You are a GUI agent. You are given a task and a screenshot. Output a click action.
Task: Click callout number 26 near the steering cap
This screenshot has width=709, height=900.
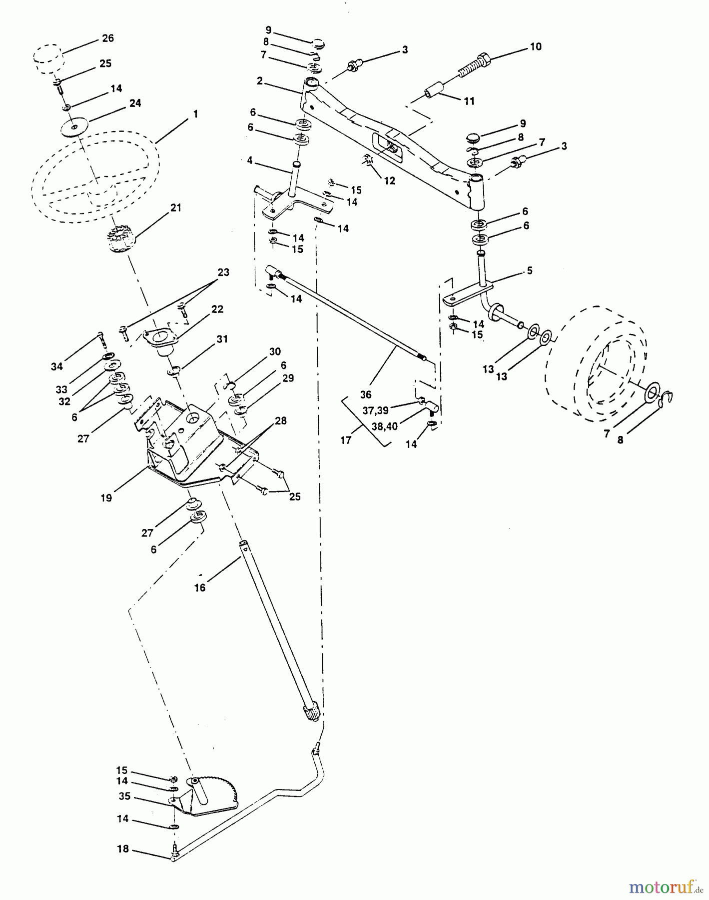107,38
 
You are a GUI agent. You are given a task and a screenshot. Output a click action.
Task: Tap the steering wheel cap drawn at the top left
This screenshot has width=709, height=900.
47,57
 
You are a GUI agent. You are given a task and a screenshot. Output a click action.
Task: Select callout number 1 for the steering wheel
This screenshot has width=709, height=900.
195,114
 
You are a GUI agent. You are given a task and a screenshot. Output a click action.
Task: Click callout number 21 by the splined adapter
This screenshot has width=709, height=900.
175,207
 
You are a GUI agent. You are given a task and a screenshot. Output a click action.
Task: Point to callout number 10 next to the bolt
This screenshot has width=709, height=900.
536,46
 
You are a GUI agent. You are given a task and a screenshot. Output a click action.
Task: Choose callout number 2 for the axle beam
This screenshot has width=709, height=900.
259,81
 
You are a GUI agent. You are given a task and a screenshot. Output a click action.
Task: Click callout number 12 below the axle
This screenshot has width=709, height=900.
389,181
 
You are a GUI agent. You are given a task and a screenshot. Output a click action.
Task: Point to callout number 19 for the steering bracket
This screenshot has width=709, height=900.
106,497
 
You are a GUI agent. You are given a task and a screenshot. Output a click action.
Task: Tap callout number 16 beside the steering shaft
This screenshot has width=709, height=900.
199,588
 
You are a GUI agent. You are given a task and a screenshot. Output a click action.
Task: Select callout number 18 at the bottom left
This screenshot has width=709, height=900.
123,849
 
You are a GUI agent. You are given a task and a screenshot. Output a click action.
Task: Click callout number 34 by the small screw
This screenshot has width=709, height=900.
56,366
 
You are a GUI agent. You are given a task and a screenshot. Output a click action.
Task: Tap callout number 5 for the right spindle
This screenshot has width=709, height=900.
529,270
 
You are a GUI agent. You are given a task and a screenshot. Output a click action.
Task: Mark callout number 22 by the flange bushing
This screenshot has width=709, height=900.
217,309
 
